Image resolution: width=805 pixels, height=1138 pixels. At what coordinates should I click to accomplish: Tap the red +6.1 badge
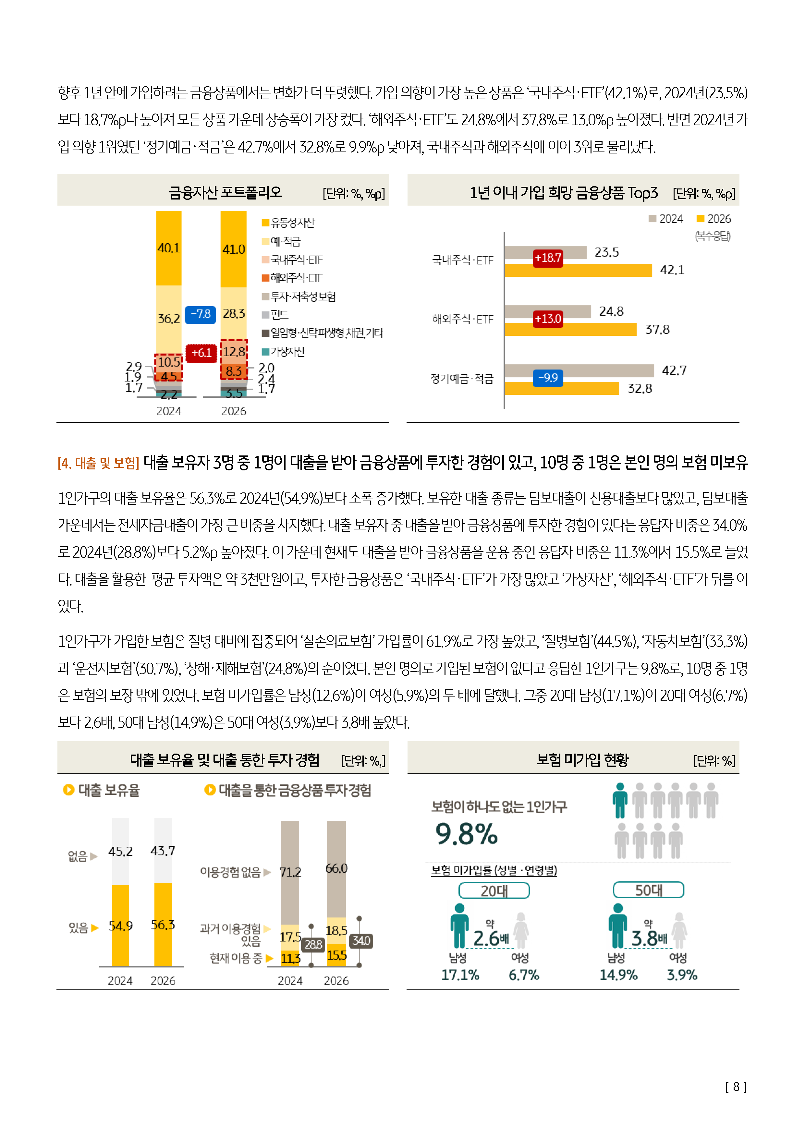pyautogui.click(x=201, y=353)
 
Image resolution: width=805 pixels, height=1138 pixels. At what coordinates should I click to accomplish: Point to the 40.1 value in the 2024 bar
pyautogui.click(x=168, y=248)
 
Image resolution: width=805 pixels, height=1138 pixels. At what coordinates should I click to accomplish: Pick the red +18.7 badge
pyautogui.click(x=548, y=258)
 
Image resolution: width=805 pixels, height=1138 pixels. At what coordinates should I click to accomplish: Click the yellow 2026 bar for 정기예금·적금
pyautogui.click(x=562, y=388)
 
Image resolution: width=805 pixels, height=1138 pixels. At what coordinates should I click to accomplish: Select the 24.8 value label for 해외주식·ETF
pyautogui.click(x=611, y=311)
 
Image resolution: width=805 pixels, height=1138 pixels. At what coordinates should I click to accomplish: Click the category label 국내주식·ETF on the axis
pyautogui.click(x=463, y=260)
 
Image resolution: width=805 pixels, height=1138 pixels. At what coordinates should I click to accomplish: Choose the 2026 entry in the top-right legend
pyautogui.click(x=714, y=219)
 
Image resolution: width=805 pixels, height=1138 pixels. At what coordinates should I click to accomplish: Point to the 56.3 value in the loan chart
pyautogui.click(x=163, y=925)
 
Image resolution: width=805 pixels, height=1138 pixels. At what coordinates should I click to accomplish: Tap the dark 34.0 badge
pyautogui.click(x=361, y=941)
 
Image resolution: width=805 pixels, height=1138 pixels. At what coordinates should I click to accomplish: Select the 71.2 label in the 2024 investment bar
pyautogui.click(x=290, y=872)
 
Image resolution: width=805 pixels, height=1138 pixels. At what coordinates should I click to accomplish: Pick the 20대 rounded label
pyautogui.click(x=494, y=891)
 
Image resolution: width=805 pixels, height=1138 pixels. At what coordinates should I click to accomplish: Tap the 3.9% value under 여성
pyautogui.click(x=682, y=975)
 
